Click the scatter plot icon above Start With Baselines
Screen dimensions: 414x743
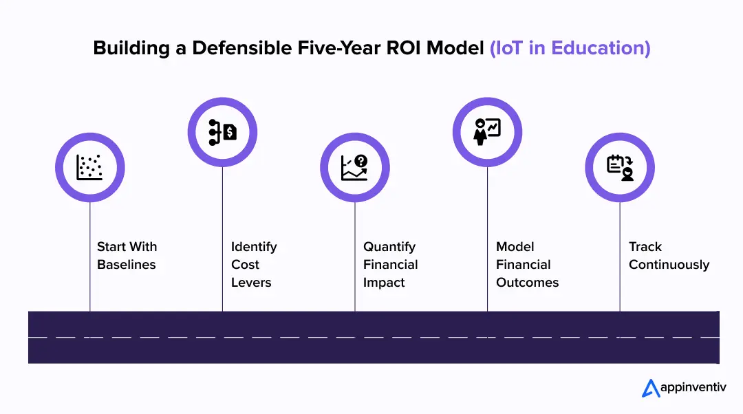point(89,167)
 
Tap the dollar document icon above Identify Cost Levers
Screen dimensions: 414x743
point(222,131)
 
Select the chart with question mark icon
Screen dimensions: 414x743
point(355,167)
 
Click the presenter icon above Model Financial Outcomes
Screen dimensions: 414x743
point(487,131)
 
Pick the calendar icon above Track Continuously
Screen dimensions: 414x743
point(620,167)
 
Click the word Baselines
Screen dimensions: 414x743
point(127,265)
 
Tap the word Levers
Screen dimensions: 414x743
point(251,283)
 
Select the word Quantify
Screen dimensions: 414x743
point(389,247)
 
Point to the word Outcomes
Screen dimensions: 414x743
point(527,283)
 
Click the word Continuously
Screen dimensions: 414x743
point(669,265)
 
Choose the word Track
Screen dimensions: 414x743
point(645,247)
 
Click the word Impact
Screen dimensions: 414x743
point(384,283)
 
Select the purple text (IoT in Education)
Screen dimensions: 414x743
point(570,48)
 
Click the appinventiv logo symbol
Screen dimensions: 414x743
point(650,389)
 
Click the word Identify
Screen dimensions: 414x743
point(254,247)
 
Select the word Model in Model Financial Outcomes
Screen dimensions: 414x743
point(515,247)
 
